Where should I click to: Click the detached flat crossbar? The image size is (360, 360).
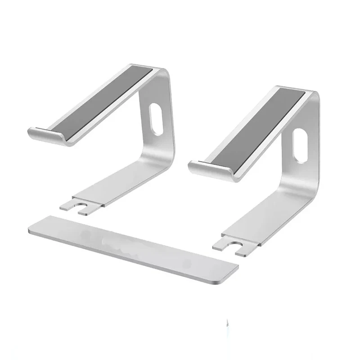[x=135, y=247]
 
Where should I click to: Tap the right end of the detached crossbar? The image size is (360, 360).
[x=232, y=270]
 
